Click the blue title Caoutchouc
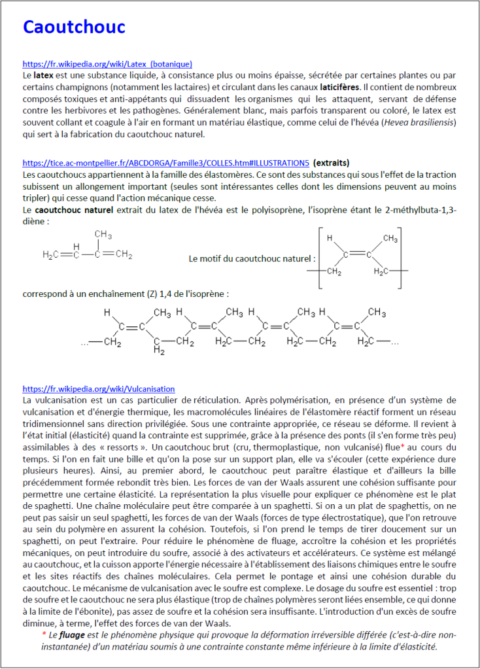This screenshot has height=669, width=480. point(74,27)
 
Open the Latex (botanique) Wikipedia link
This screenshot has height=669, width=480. point(107,64)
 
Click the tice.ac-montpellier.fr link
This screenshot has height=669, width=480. point(165,162)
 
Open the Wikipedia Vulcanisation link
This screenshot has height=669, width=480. point(99,388)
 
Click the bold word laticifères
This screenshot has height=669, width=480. point(339,86)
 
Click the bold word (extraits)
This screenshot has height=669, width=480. point(331,162)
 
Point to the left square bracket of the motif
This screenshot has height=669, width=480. point(319,257)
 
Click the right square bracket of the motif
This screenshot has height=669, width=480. point(409,257)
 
